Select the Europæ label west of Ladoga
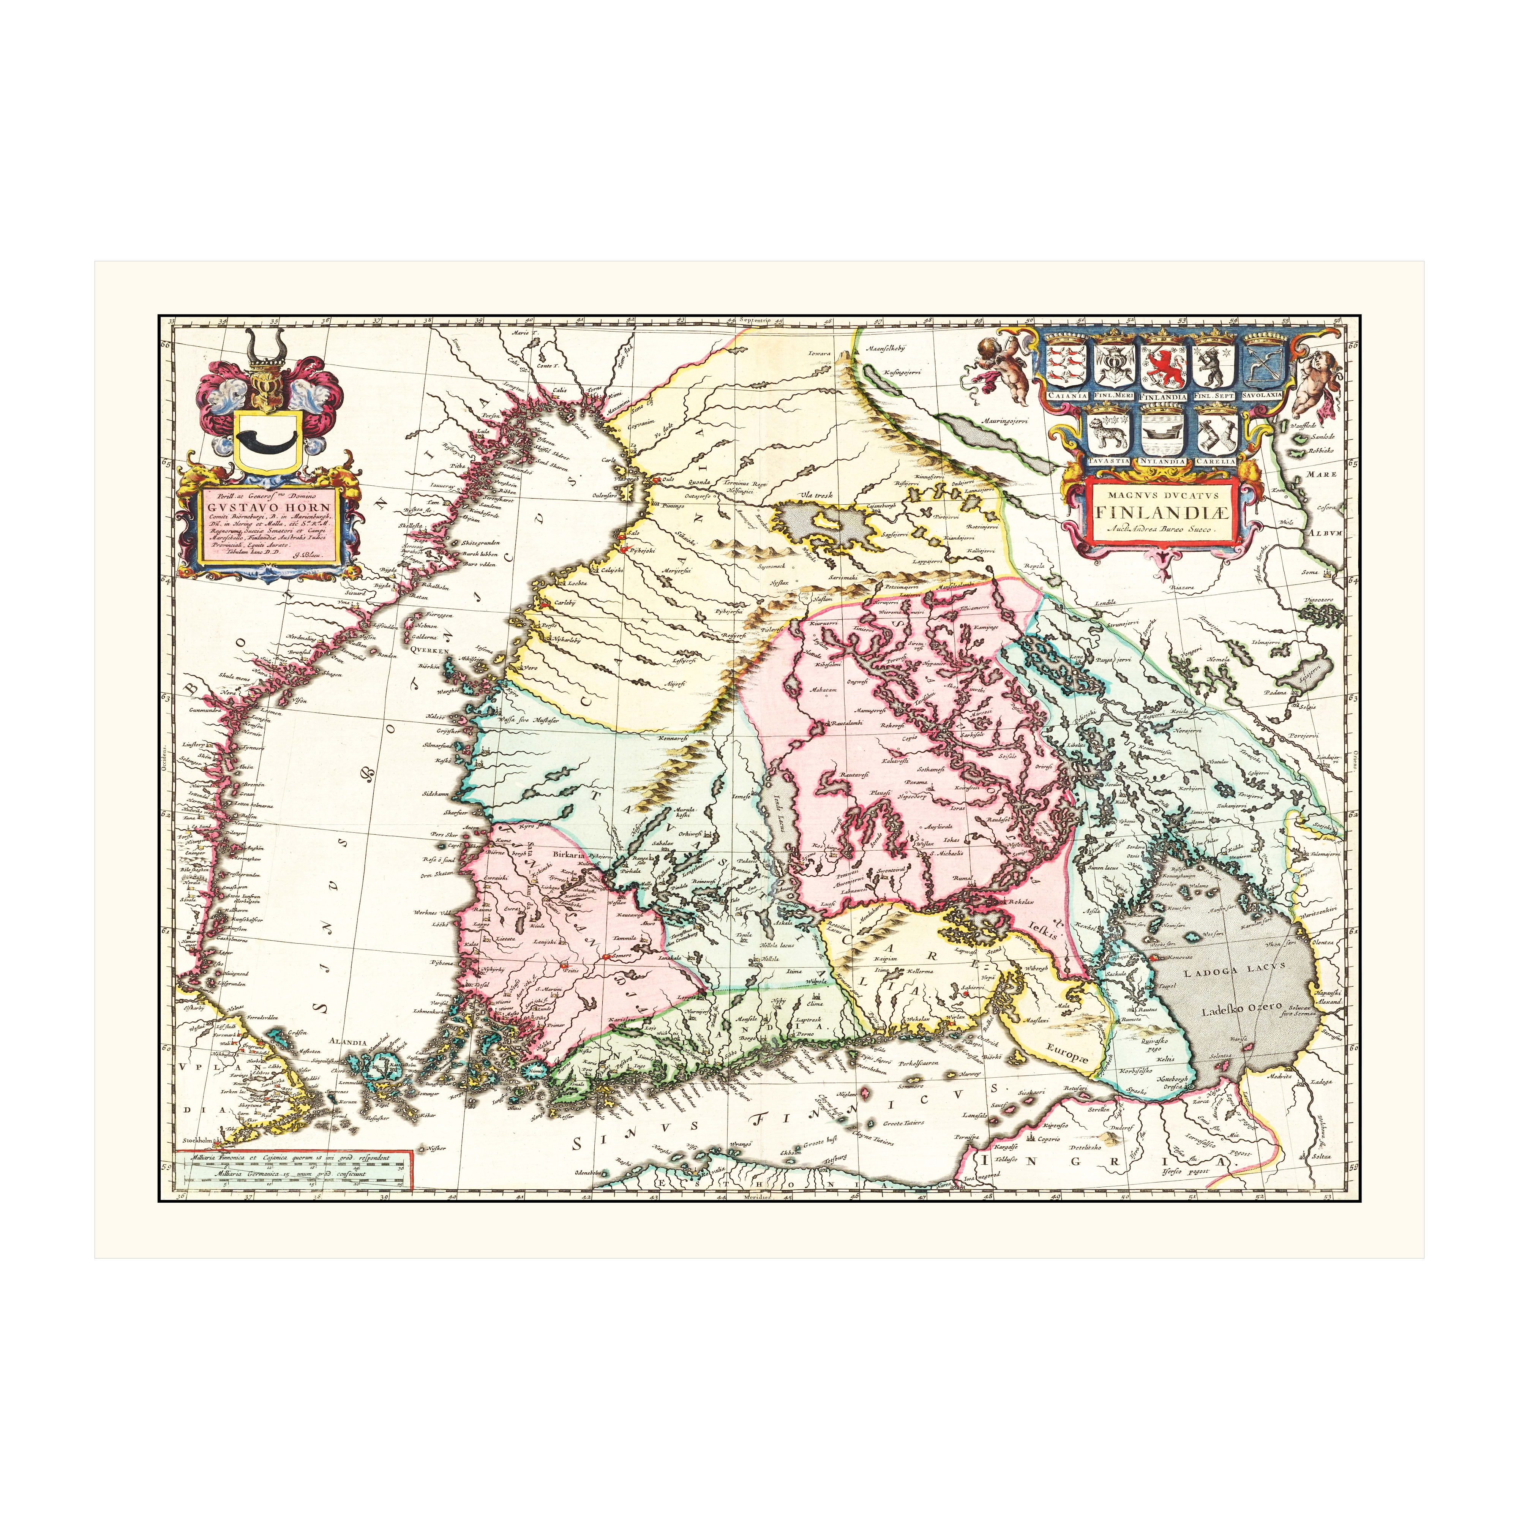coord(1069,1061)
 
